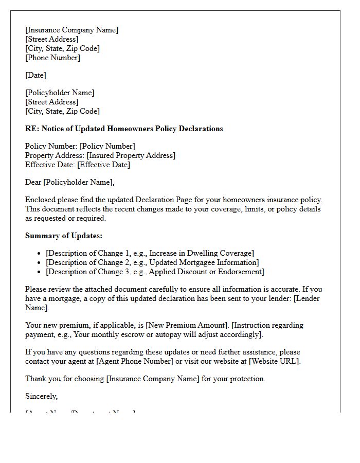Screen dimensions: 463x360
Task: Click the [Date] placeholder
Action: (35, 75)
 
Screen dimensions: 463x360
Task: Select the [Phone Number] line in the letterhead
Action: (52, 58)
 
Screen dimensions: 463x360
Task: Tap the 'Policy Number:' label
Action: (51, 146)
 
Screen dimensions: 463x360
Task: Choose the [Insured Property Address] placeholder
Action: (131, 155)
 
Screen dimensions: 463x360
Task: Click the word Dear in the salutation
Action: (33, 182)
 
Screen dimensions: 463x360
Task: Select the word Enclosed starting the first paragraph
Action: (41, 200)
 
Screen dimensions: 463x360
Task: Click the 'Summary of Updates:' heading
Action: (64, 236)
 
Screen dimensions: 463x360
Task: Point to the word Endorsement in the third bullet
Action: (239, 272)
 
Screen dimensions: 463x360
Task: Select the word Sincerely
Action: (41, 396)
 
